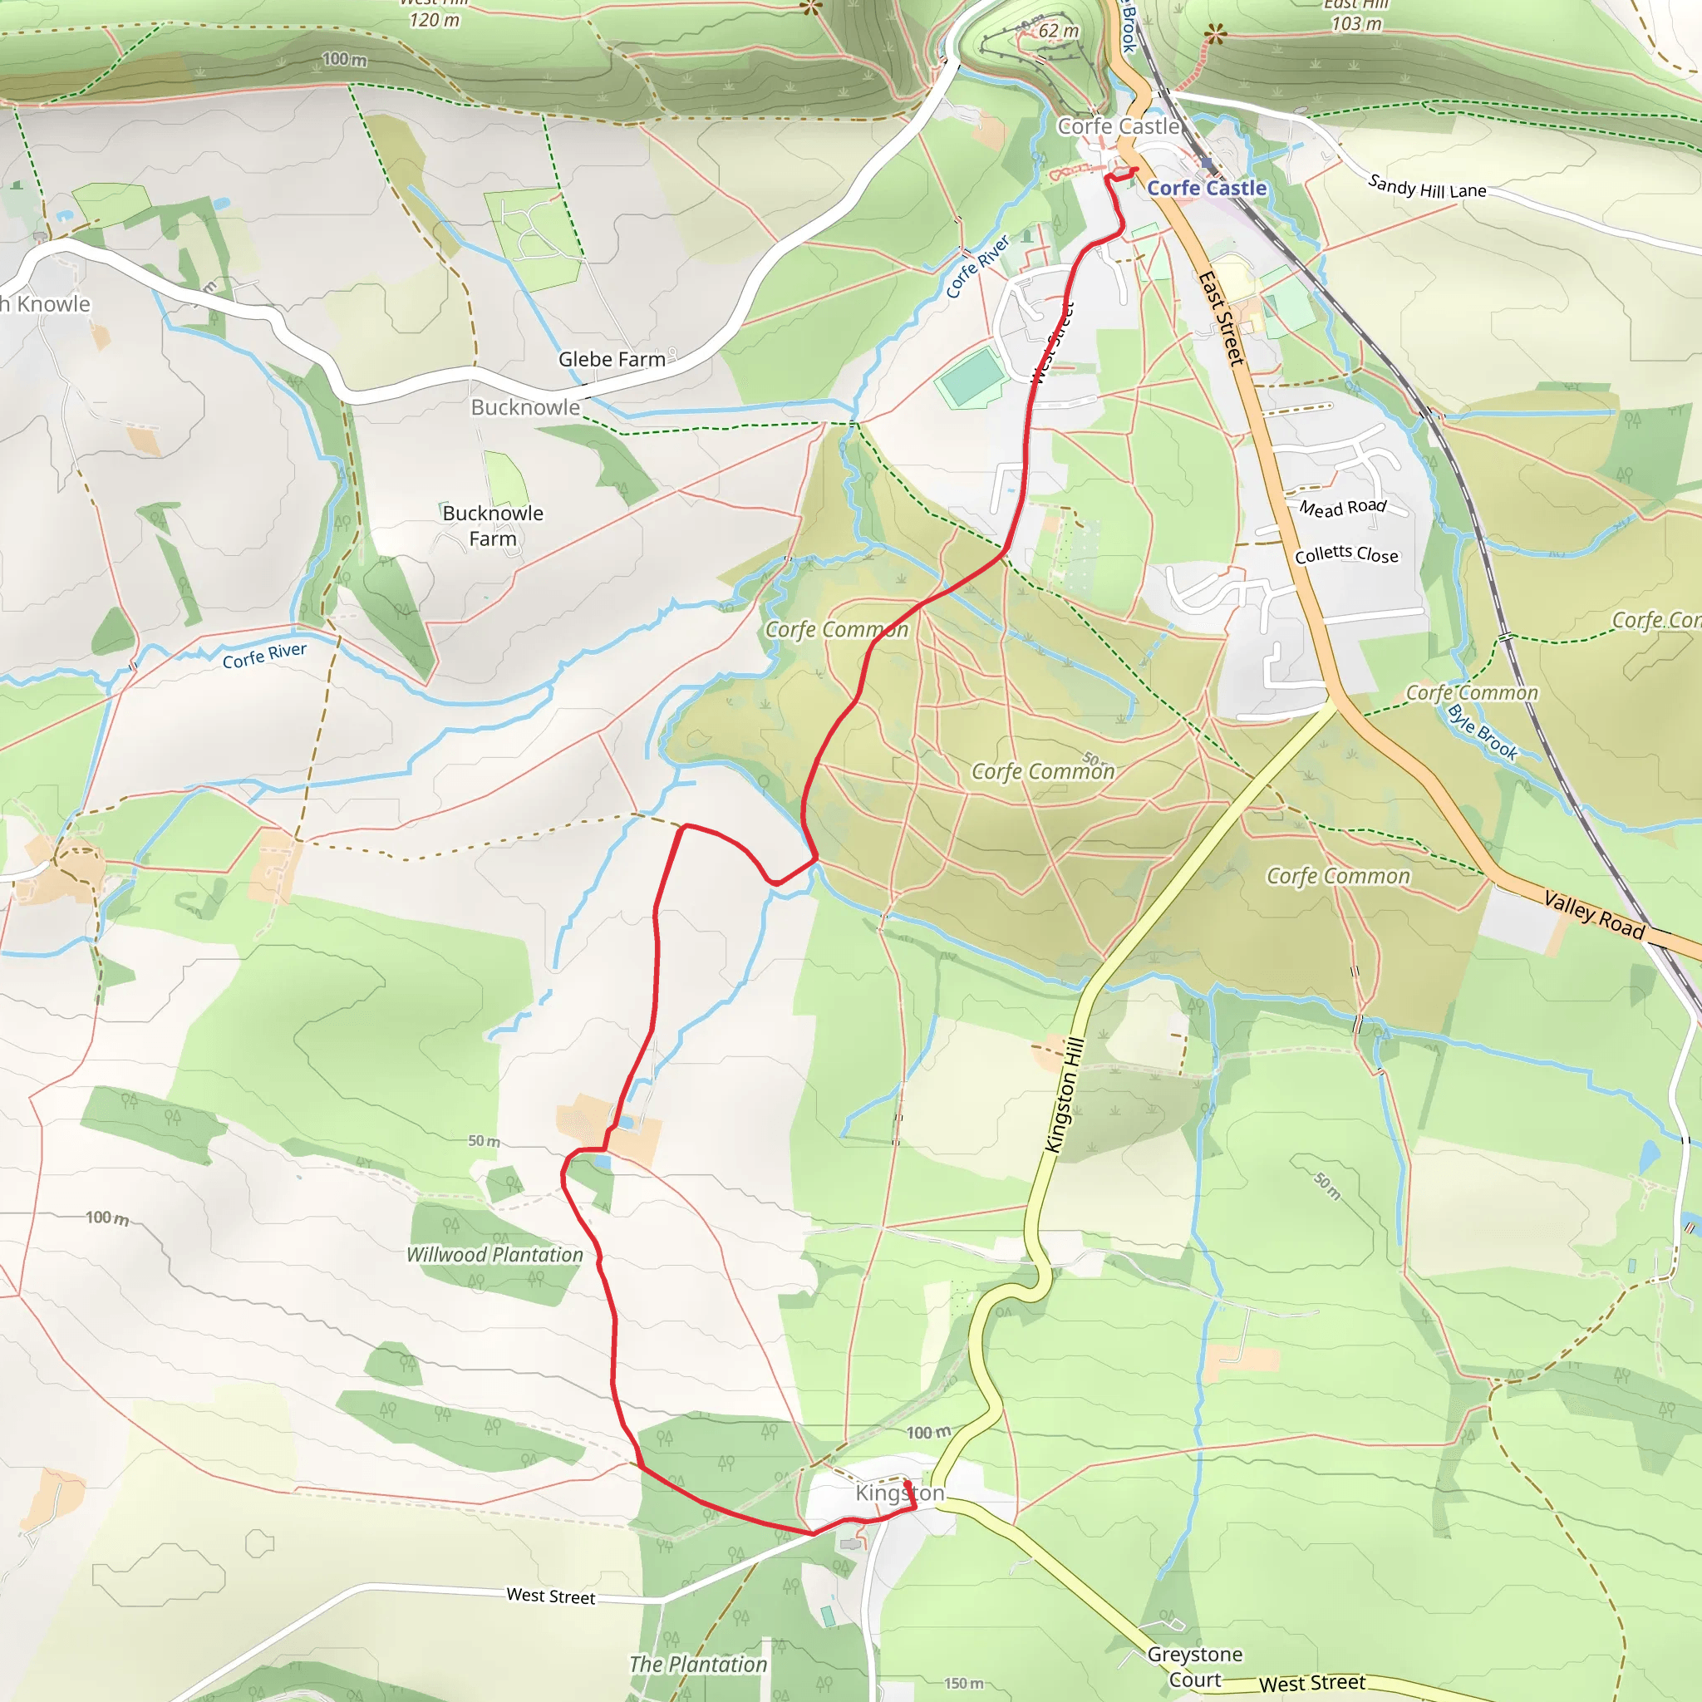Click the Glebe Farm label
click(x=612, y=359)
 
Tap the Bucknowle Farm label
click(x=493, y=526)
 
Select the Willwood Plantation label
click(x=494, y=1254)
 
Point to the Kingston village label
click(x=899, y=1493)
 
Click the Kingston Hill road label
click(x=1065, y=1095)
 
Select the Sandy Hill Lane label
click(x=1426, y=187)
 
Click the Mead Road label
click(x=1343, y=508)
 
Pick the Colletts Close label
click(x=1346, y=554)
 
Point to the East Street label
click(x=1222, y=318)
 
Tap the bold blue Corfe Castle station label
click(x=1206, y=189)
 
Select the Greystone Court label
click(x=1194, y=1667)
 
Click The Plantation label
click(x=698, y=1664)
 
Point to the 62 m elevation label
click(x=1058, y=31)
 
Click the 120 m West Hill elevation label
click(x=435, y=19)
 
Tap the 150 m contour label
click(x=964, y=1684)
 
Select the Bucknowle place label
click(x=525, y=407)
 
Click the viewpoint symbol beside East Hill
click(x=1215, y=35)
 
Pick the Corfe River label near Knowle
click(x=264, y=656)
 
